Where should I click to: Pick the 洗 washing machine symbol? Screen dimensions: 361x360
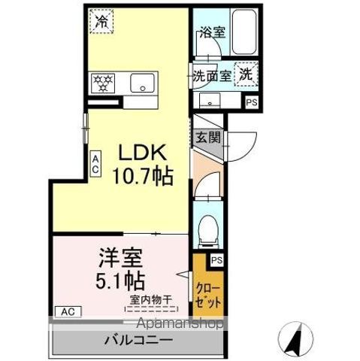(x=247, y=74)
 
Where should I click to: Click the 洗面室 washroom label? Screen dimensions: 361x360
(x=211, y=75)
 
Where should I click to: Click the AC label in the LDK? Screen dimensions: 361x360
(x=95, y=165)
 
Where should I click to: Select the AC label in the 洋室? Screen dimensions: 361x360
(x=67, y=311)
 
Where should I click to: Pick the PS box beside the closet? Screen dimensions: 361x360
(x=216, y=260)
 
